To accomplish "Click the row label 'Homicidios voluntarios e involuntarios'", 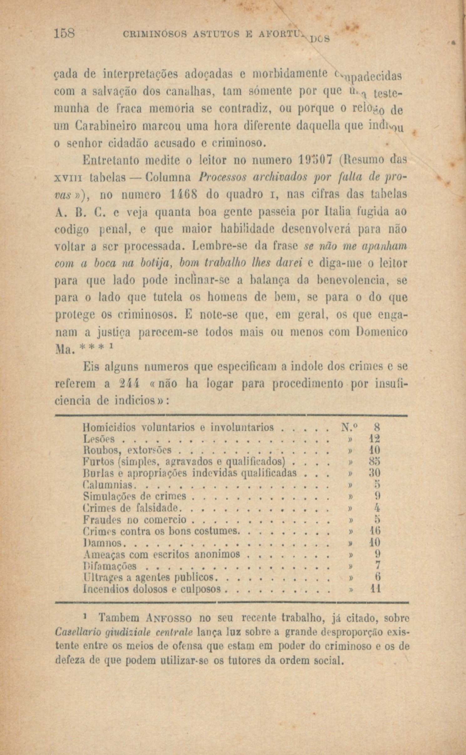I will [x=179, y=427].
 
